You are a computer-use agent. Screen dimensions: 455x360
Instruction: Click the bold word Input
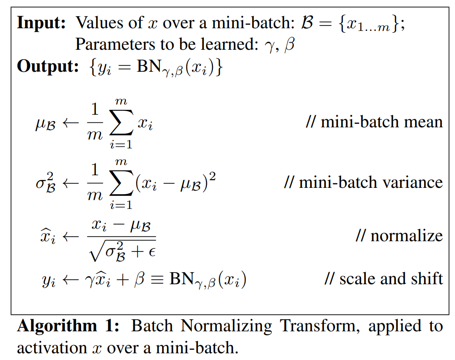(x=41, y=23)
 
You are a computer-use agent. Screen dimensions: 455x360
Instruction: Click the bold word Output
(x=48, y=66)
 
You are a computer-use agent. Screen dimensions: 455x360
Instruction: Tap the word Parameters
(x=115, y=44)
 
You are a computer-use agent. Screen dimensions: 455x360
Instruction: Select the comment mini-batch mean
(x=374, y=122)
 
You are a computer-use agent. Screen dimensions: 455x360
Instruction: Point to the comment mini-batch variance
(x=364, y=182)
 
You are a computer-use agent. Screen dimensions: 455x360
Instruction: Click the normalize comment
(x=399, y=236)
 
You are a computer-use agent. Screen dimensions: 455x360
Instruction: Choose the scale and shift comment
(x=384, y=279)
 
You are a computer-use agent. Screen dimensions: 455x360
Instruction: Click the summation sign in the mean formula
(x=121, y=122)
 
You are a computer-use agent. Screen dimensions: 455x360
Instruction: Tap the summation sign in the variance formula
(x=121, y=183)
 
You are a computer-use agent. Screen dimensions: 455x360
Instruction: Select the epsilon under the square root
(x=152, y=252)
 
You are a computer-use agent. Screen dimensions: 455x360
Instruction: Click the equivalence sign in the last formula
(x=157, y=279)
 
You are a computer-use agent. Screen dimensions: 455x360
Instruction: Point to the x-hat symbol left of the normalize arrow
(x=48, y=236)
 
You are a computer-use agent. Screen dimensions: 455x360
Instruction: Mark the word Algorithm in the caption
(x=57, y=326)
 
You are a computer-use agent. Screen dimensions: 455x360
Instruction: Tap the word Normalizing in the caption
(x=226, y=326)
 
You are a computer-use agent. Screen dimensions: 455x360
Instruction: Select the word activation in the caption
(x=52, y=348)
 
